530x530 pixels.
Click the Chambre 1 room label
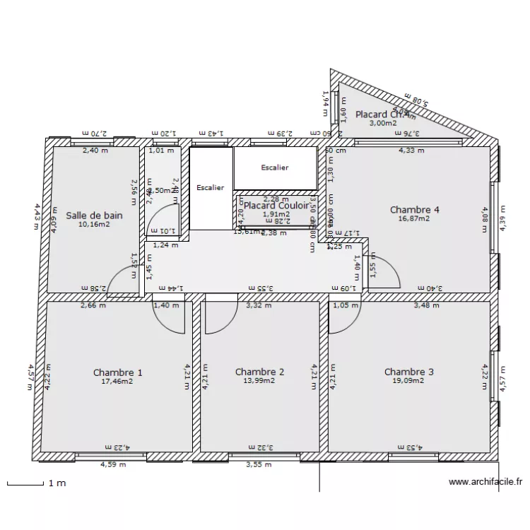coord(117,372)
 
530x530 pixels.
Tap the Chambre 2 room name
coord(259,372)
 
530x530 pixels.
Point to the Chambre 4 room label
coord(415,210)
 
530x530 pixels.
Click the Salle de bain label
coord(94,216)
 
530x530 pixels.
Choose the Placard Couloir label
coord(276,206)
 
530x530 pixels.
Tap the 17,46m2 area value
coord(117,381)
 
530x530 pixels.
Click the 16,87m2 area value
coord(415,218)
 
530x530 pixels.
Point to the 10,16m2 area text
coord(94,224)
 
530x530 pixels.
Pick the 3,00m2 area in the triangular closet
coord(383,123)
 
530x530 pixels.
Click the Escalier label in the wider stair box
coord(274,168)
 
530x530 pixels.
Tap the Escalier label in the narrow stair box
coord(210,188)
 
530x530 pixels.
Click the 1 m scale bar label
coord(57,483)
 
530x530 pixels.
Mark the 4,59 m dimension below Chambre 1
coord(113,464)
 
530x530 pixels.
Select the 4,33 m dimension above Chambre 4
coord(411,150)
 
